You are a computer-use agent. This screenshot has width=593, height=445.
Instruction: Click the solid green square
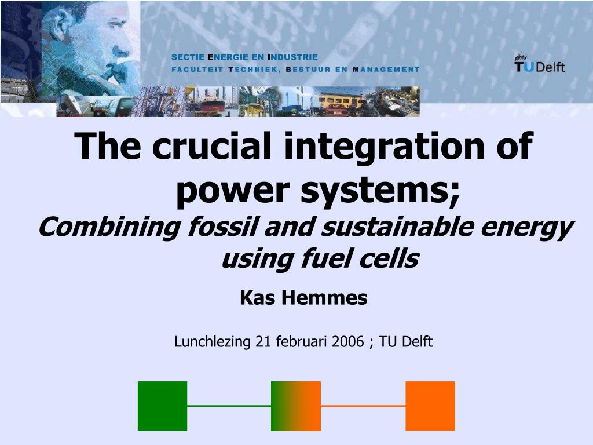[x=162, y=406]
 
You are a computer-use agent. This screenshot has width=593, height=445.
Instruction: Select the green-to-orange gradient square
[x=295, y=406]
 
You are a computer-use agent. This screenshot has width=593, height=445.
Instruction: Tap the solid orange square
[x=430, y=406]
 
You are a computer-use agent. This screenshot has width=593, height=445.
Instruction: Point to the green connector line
[x=229, y=406]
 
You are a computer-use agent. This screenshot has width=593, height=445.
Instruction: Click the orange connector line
[x=363, y=406]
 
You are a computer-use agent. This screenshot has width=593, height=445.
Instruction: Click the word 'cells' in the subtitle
[x=387, y=259]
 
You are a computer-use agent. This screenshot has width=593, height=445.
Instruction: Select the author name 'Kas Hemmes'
[x=303, y=298]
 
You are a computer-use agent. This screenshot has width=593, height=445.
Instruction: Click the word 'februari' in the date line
[x=302, y=342]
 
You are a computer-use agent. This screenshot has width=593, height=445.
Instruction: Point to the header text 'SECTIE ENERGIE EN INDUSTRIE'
[x=244, y=57]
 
